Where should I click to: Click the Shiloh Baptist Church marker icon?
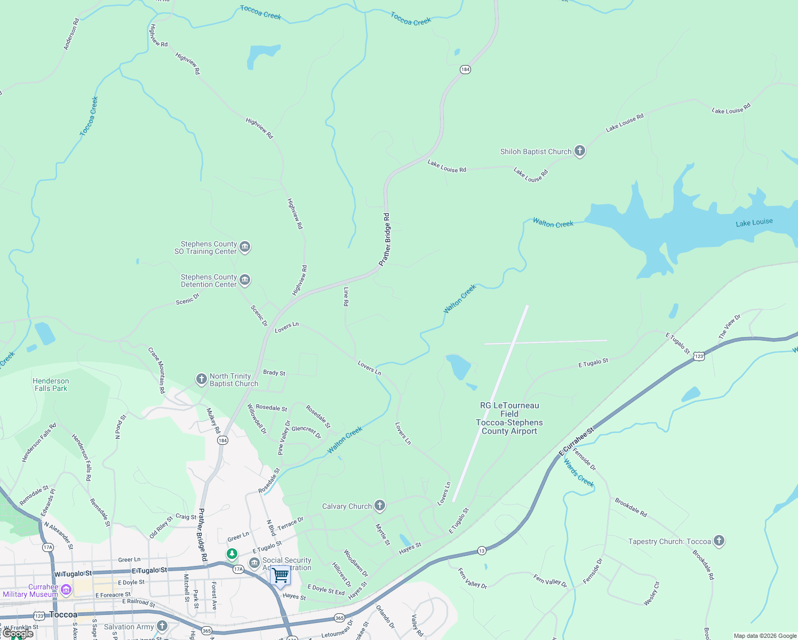tap(579, 151)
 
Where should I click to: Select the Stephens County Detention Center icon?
tap(245, 279)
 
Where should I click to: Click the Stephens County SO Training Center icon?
tap(245, 246)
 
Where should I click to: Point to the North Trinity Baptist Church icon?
tap(201, 379)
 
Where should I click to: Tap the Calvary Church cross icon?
tap(379, 506)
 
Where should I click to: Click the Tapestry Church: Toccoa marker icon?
tap(719, 541)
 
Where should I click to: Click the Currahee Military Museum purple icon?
tap(66, 589)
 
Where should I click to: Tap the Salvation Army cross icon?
tap(162, 626)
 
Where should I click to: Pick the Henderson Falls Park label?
tap(51, 385)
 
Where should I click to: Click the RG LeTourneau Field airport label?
tap(509, 418)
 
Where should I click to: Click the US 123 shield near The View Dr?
tap(699, 356)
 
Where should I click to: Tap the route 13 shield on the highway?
tap(481, 550)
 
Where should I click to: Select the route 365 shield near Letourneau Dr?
tap(339, 618)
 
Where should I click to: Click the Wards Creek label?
tap(579, 473)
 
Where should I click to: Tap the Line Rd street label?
tap(346, 297)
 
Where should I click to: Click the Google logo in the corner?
tap(18, 634)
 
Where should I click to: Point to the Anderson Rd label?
tap(71, 34)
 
